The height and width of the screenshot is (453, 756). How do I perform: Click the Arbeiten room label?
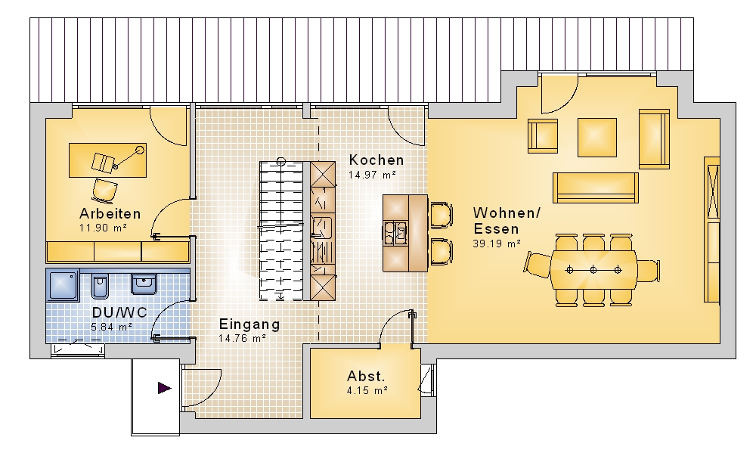(x=110, y=213)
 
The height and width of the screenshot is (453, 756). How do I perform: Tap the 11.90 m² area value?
(x=103, y=228)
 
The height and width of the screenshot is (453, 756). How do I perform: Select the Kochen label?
(x=376, y=160)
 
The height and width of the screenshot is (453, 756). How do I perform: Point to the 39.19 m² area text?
(x=497, y=244)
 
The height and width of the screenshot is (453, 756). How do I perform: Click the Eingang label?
(x=249, y=324)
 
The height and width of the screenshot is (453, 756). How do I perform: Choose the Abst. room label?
(x=366, y=377)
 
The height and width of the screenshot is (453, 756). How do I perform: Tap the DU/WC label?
(x=119, y=312)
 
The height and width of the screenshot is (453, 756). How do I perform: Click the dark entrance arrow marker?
(x=164, y=387)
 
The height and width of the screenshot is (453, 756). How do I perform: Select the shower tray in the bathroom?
(x=63, y=285)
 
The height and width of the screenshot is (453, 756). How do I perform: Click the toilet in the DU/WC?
(x=100, y=285)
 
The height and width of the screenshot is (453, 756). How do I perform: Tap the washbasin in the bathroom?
(x=144, y=284)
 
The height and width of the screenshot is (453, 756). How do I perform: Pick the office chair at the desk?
(x=104, y=190)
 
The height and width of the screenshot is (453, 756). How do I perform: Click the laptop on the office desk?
(x=103, y=163)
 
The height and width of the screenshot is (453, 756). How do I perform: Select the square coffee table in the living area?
(x=597, y=138)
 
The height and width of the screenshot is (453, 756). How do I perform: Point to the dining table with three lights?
(x=593, y=270)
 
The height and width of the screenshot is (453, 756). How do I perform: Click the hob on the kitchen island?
(x=395, y=233)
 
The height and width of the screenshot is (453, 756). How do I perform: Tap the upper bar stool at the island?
(x=442, y=216)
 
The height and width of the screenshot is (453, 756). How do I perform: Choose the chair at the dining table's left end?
(x=538, y=265)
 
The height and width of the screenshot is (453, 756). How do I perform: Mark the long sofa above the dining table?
(x=596, y=188)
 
